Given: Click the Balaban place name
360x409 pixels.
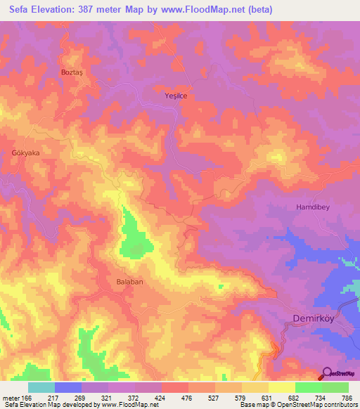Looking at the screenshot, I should tap(129, 281).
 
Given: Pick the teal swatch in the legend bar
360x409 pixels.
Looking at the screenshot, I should tap(41, 387).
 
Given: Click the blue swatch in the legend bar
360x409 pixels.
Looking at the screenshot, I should tap(68, 387).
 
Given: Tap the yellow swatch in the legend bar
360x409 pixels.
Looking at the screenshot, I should tap(282, 387).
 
